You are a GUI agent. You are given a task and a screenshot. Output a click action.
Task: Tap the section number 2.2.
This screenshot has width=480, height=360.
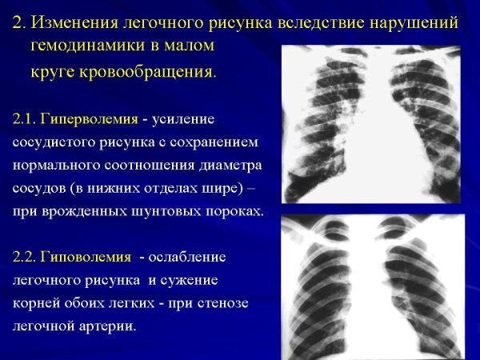click(x=29, y=258)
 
